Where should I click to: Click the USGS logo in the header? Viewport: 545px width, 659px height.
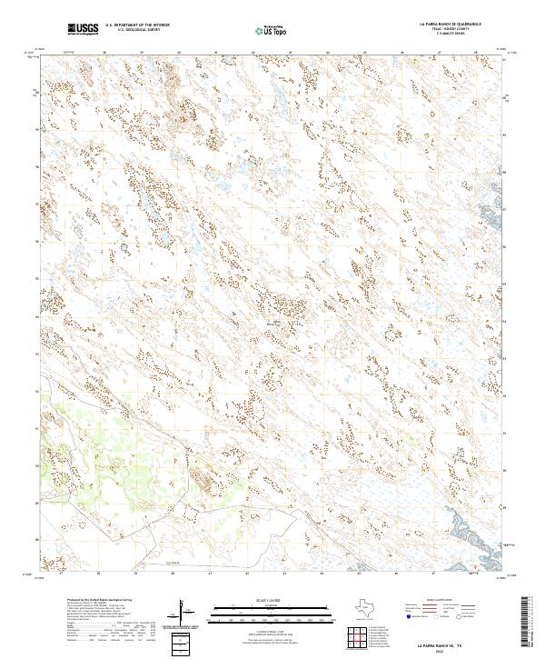pyautogui.click(x=83, y=30)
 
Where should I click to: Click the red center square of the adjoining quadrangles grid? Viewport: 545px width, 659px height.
pyautogui.click(x=357, y=636)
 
